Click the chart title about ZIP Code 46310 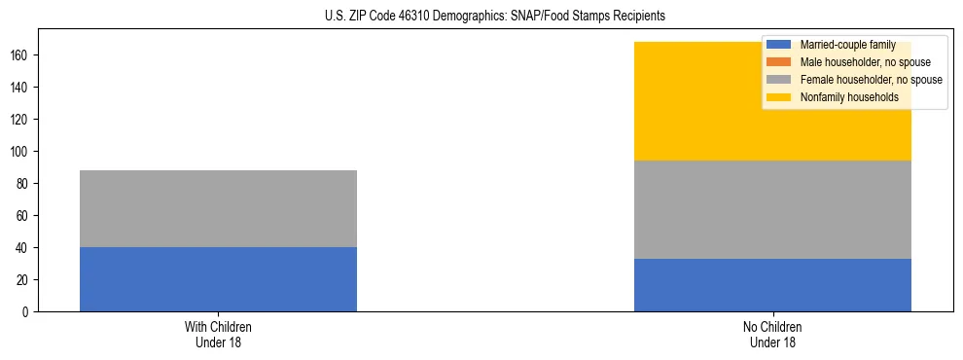(x=495, y=17)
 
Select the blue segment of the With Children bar (x=218, y=279)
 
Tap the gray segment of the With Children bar (x=218, y=208)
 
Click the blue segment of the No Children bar (x=772, y=285)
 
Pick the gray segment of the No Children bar (x=772, y=209)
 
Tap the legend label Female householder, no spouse (x=871, y=80)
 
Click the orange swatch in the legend (x=779, y=62)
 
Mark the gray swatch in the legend (x=779, y=80)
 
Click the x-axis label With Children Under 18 (x=218, y=334)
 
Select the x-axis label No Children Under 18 (x=772, y=334)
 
